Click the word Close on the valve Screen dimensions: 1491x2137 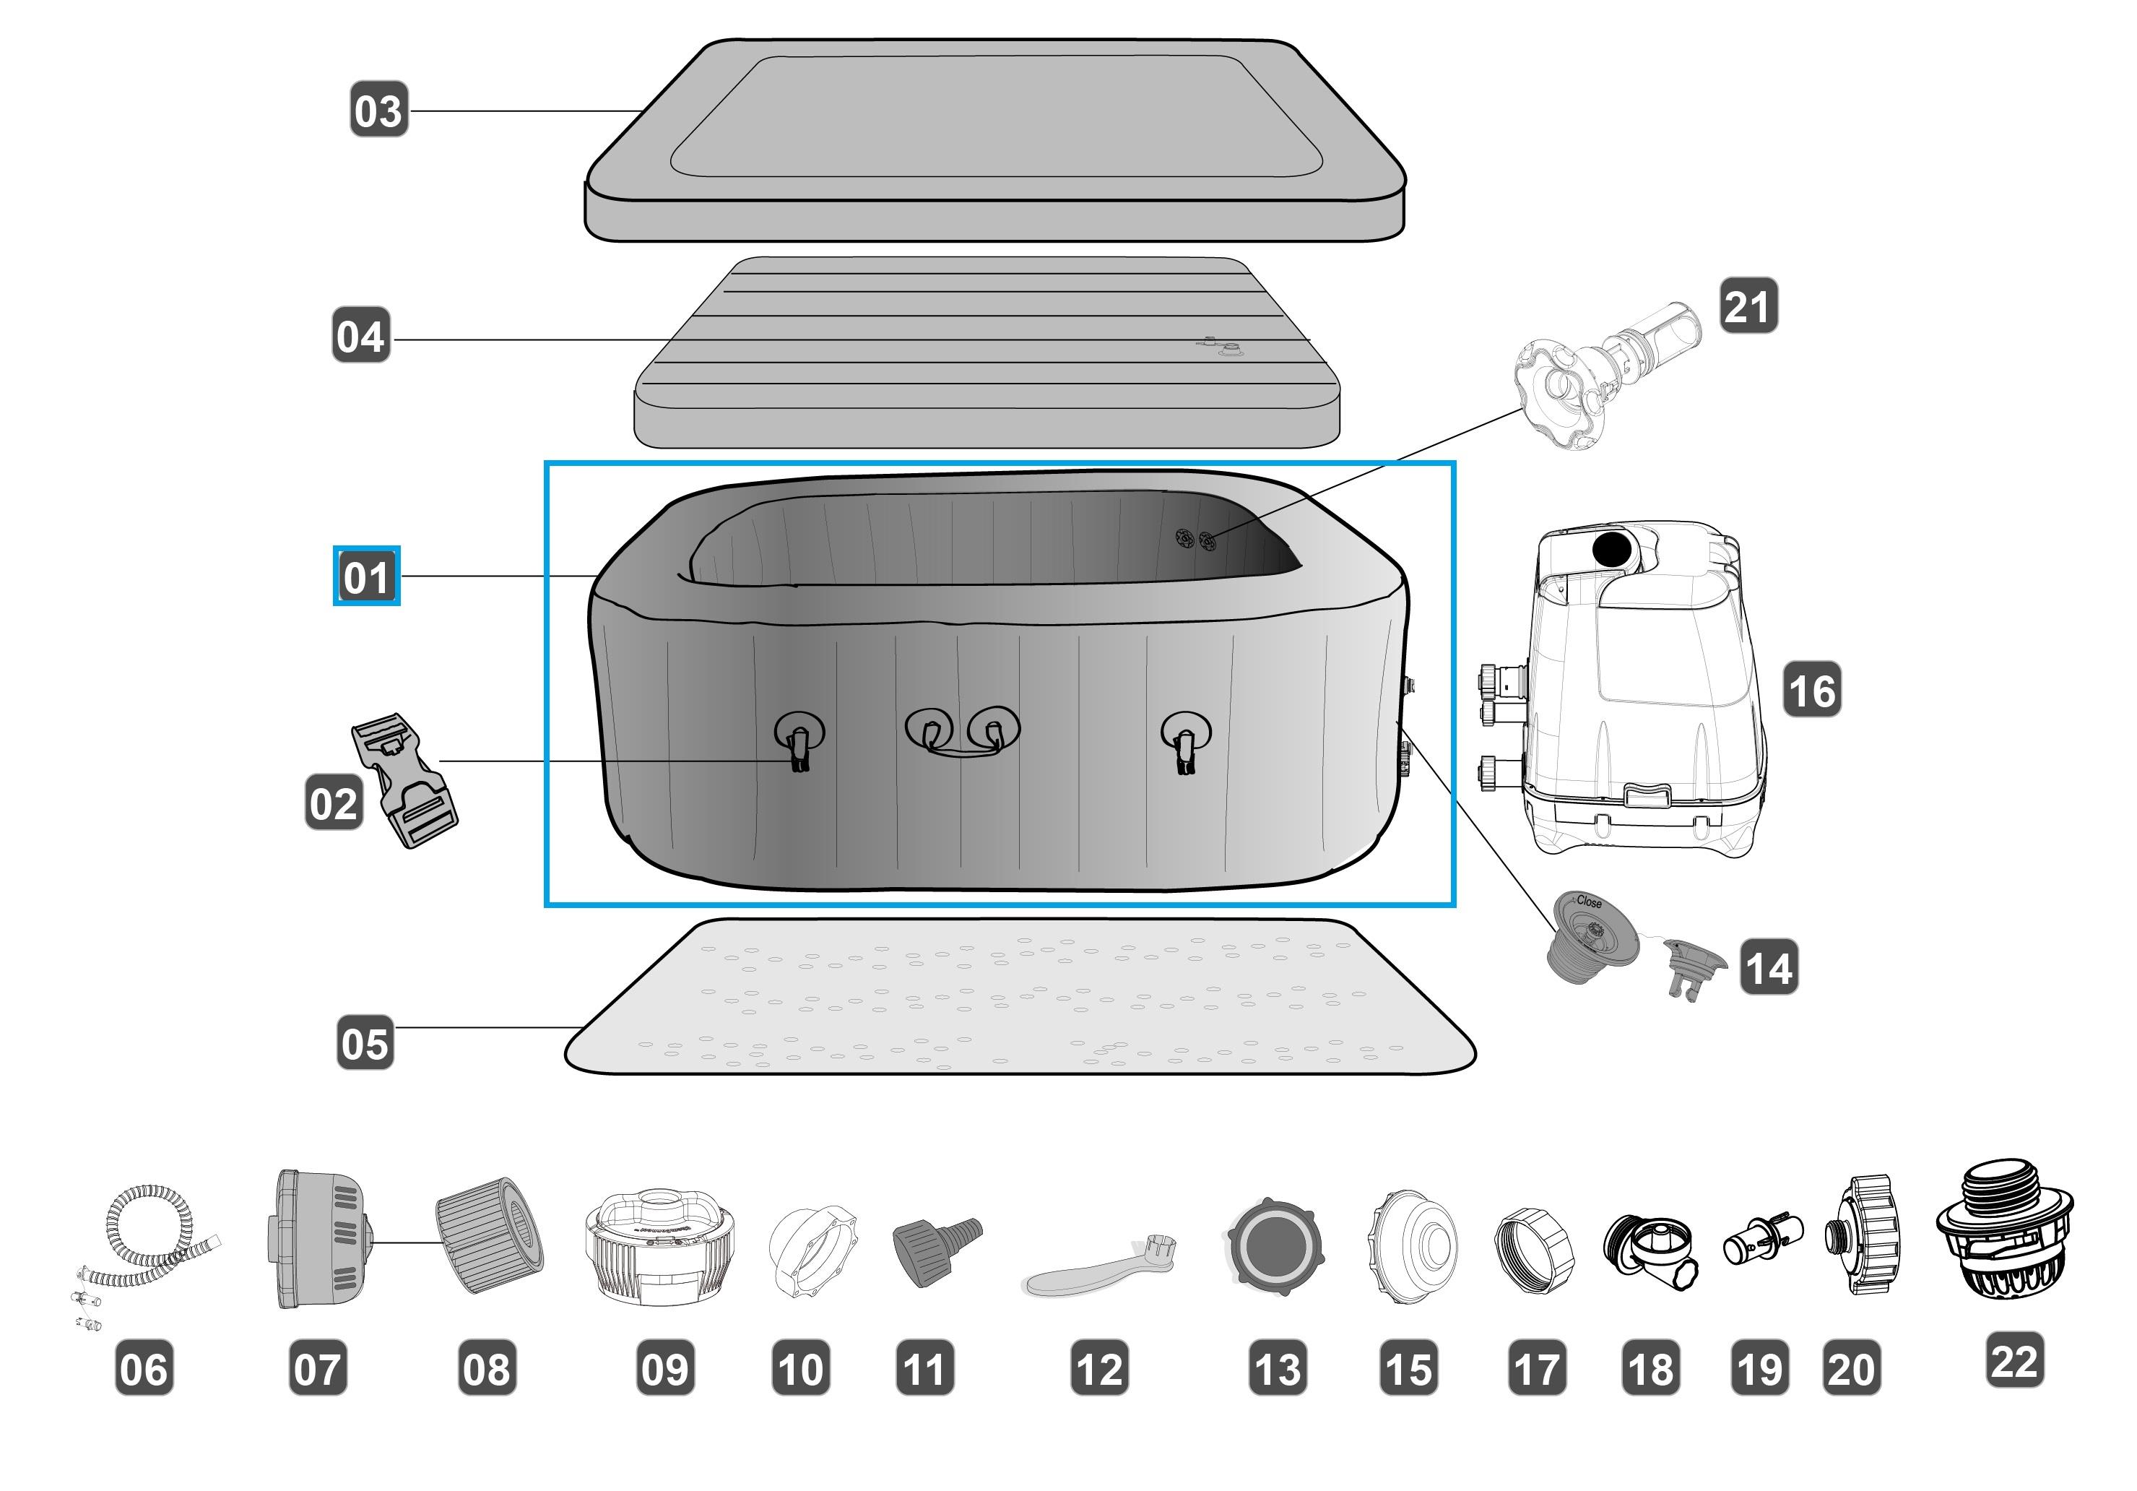(x=1589, y=901)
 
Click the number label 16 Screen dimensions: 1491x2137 (x=1811, y=690)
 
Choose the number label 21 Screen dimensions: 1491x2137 (x=1748, y=306)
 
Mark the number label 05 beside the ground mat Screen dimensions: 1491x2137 (x=364, y=1042)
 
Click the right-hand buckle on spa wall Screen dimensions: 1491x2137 (x=1186, y=741)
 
